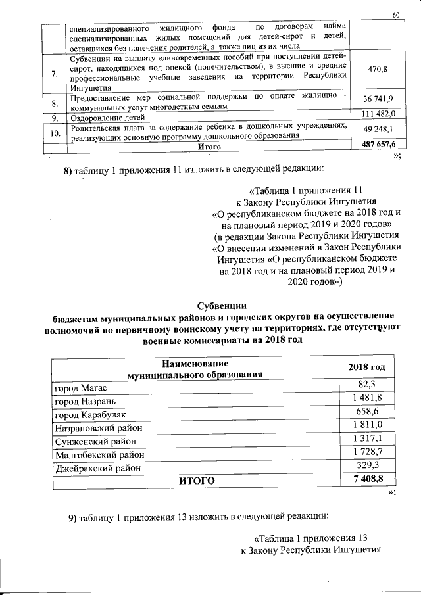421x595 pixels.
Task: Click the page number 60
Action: coord(395,14)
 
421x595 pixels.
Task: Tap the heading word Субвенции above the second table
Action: coord(222,304)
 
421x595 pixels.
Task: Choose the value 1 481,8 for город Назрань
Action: coord(366,400)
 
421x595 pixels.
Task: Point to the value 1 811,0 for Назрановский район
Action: coord(366,426)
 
